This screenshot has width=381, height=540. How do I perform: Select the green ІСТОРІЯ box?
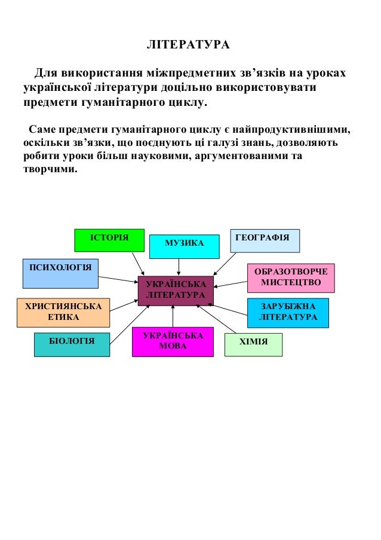[109, 240]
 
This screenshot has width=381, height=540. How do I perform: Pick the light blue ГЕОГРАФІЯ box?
[265, 240]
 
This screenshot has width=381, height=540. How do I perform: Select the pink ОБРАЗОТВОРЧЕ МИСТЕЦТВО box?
[291, 277]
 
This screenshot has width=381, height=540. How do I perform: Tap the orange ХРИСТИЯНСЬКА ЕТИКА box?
[63, 312]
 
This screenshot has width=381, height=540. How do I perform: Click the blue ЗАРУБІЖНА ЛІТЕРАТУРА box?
[288, 312]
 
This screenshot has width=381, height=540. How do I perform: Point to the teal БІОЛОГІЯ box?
[72, 344]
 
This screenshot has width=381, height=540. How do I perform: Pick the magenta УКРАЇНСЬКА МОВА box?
[173, 342]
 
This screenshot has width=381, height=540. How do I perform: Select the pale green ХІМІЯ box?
[253, 344]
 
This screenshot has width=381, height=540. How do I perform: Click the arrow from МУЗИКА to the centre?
[179, 267]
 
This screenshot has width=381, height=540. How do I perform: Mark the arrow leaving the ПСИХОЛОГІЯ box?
[118, 279]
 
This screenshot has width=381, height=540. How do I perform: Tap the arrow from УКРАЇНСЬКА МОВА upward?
[173, 316]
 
